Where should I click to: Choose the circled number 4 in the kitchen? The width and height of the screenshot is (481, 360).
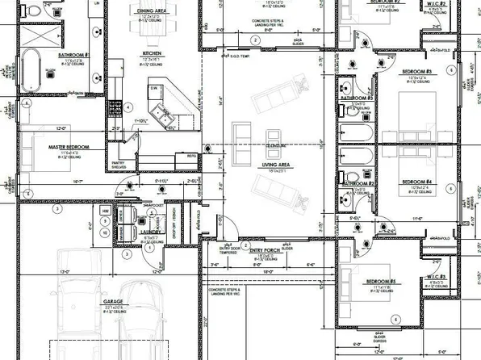128,107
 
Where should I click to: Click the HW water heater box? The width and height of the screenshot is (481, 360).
106,211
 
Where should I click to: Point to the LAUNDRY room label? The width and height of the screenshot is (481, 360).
151,232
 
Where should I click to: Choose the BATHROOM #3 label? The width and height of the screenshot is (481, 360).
356,98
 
